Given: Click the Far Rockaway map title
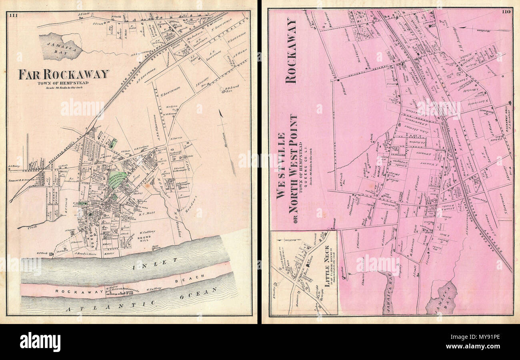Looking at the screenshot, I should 64,74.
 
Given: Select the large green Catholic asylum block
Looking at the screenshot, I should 117,180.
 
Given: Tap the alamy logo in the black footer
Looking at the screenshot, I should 40,342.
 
